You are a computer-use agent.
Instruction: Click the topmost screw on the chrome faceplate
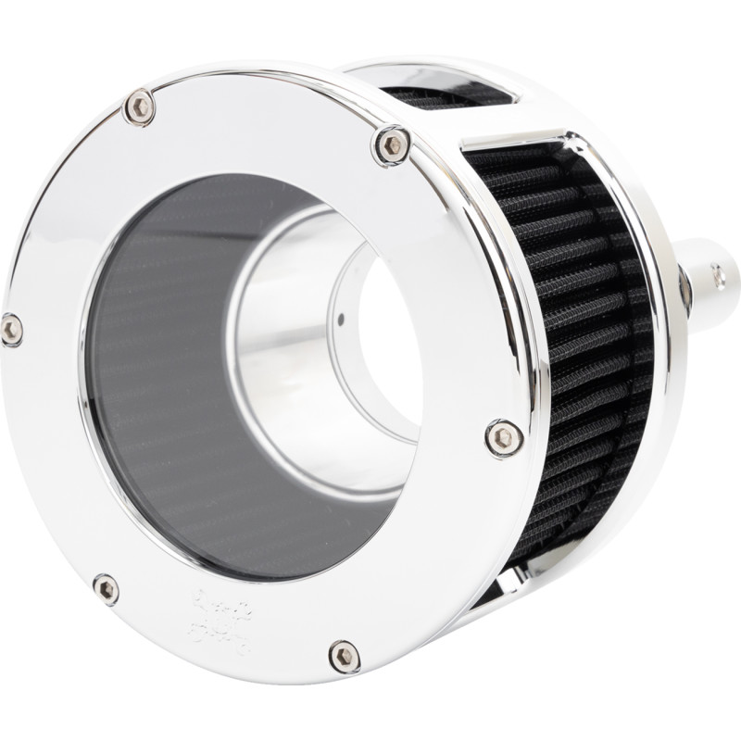(140, 107)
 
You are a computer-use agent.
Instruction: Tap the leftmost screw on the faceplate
(11, 329)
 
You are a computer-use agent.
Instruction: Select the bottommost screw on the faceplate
(345, 657)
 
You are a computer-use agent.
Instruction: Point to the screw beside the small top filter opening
(394, 144)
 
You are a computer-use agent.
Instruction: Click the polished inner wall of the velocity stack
(278, 306)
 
